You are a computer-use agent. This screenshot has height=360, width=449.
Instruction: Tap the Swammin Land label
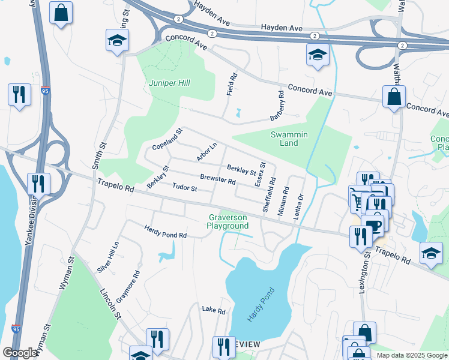point(289,139)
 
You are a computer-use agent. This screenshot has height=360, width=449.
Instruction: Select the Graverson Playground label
point(228,221)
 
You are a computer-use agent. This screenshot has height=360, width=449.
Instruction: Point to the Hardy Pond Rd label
point(165,232)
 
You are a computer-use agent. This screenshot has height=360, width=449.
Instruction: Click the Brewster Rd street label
point(217,179)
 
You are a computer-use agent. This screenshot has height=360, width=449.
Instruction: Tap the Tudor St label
point(185,188)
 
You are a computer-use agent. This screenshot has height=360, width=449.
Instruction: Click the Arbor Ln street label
point(206,152)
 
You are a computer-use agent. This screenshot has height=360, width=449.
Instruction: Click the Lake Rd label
point(213,311)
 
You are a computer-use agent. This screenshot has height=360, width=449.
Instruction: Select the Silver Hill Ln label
point(108,257)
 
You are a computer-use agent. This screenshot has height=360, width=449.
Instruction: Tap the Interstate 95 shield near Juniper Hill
point(46,91)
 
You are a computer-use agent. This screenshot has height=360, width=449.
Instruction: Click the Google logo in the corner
point(20,353)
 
